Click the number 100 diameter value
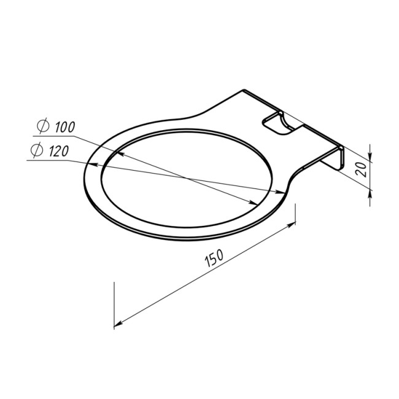point(65,126)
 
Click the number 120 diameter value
point(58,151)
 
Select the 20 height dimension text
point(362,169)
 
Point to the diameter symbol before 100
point(43,126)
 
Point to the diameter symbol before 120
point(37,150)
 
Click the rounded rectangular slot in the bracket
point(278,124)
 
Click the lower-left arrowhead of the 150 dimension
point(118,324)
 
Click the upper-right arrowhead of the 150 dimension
point(292,225)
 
